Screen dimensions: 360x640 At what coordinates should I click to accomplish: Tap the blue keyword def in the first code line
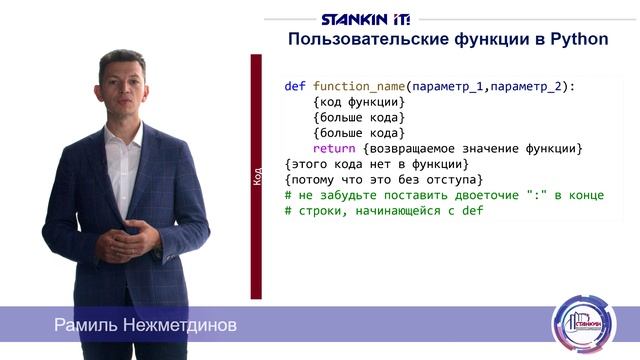point(295,87)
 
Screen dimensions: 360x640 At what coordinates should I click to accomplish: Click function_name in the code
point(359,87)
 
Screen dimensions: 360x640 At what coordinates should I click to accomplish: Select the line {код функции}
point(358,103)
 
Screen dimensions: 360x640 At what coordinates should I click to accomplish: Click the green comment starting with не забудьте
point(430,196)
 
